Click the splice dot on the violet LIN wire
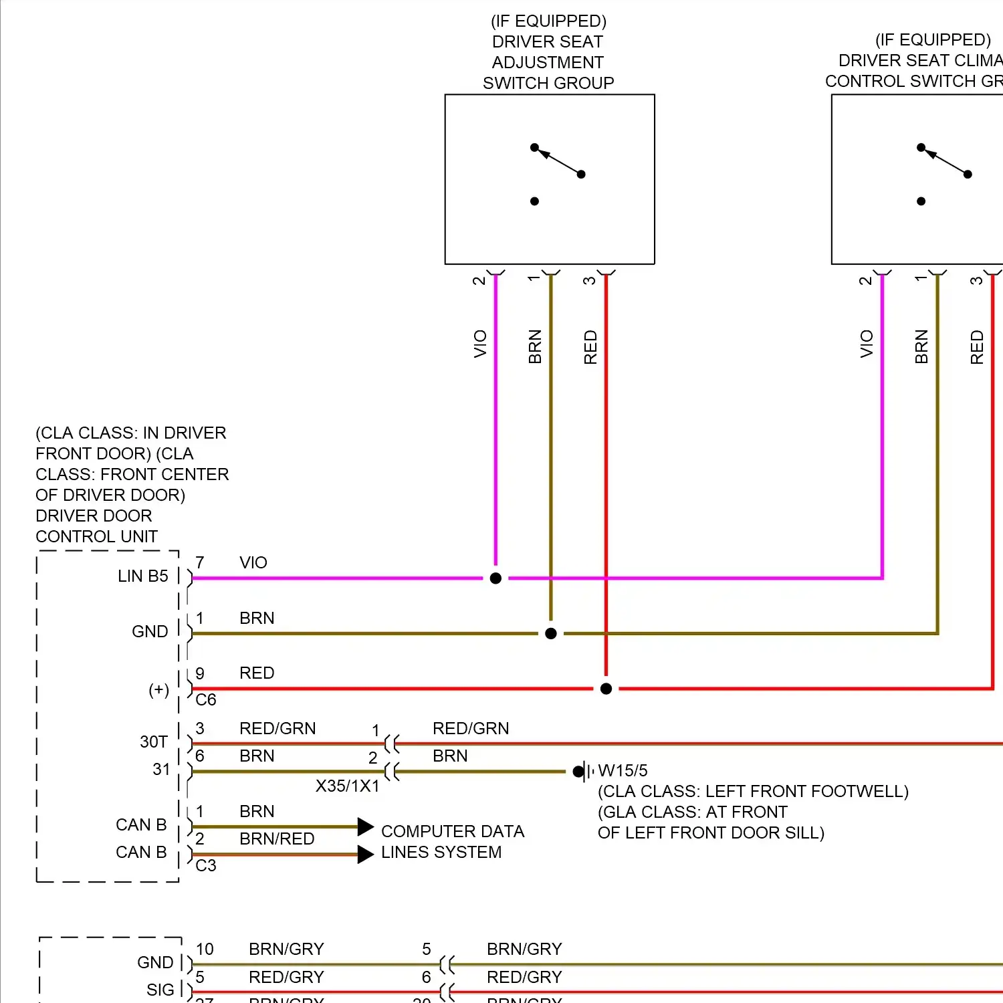[495, 578]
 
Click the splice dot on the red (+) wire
[606, 689]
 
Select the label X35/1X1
[347, 786]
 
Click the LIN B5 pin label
[142, 576]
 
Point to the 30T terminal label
[154, 742]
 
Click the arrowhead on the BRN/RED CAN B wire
[365, 854]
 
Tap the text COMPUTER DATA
[452, 831]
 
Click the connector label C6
[206, 699]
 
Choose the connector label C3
[206, 865]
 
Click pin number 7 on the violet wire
[200, 562]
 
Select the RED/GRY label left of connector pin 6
[286, 977]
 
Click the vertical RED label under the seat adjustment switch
[590, 346]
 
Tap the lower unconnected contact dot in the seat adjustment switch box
[534, 201]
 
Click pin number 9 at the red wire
[200, 673]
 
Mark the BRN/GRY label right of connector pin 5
[524, 949]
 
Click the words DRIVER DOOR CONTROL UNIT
[96, 526]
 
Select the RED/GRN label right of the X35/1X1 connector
[471, 728]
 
